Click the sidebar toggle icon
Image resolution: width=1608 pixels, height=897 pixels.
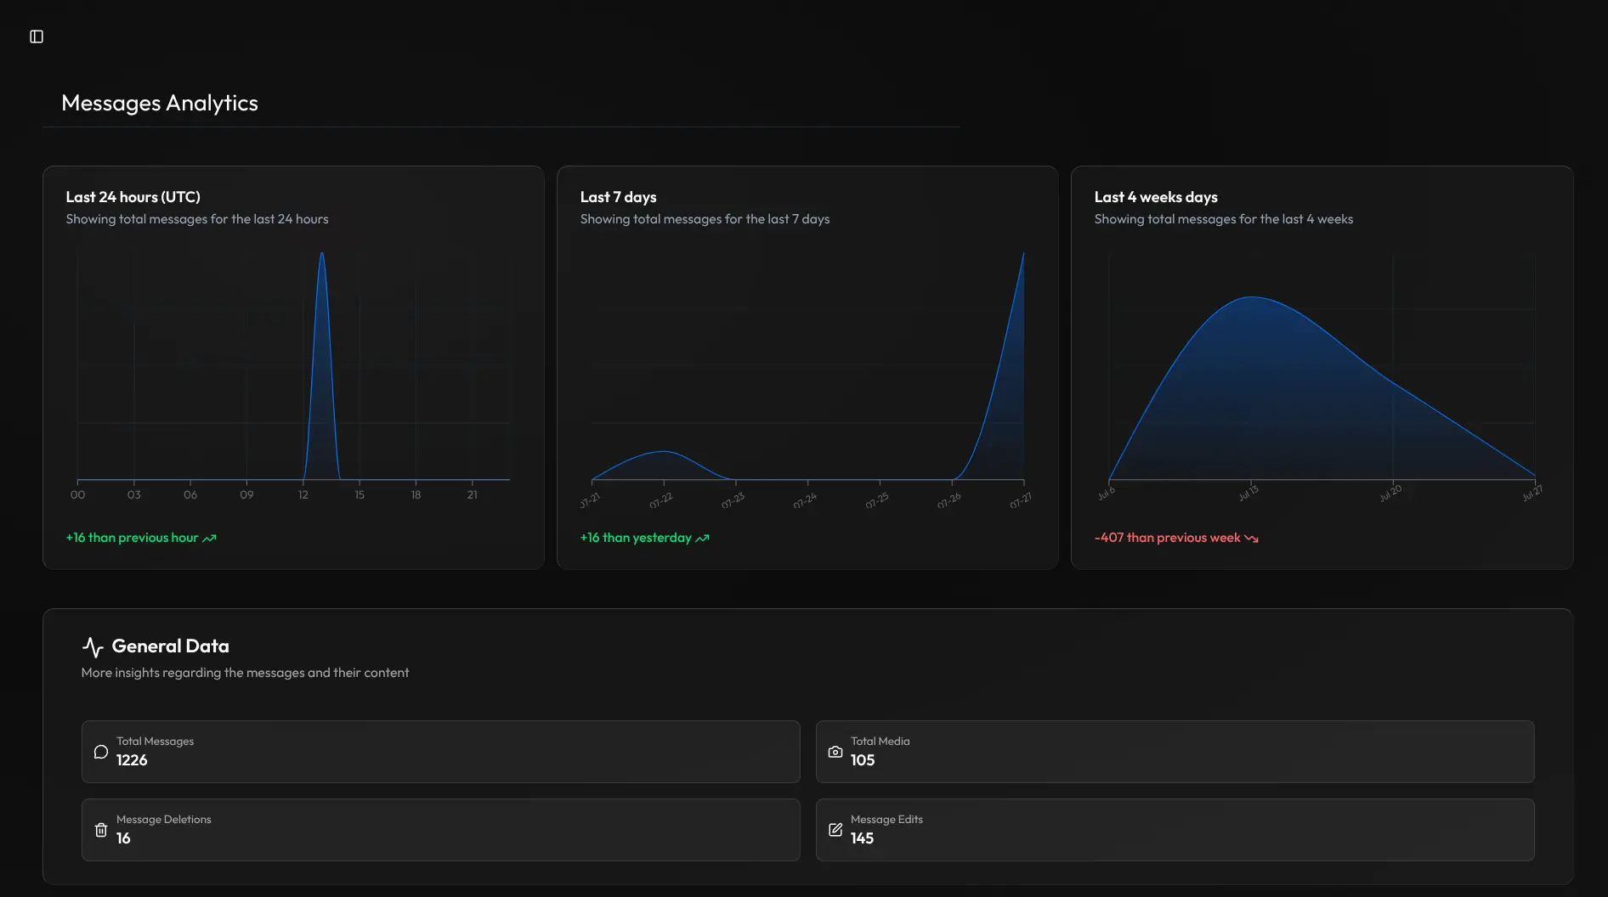[x=37, y=37]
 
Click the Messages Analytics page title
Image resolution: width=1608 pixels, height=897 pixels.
[x=160, y=103]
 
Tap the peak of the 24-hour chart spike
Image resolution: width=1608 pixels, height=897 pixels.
[x=321, y=253]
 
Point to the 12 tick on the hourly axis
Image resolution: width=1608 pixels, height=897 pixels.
[x=303, y=494]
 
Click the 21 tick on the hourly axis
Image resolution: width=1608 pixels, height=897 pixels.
[x=473, y=494]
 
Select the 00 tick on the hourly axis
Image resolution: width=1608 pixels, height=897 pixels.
[x=77, y=494]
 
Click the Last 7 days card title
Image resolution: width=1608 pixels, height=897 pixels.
[x=618, y=197]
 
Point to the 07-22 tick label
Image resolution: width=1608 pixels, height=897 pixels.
[x=660, y=501]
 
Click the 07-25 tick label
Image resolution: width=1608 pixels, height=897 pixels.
[x=877, y=501]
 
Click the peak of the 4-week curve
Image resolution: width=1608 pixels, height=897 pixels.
[x=1252, y=297]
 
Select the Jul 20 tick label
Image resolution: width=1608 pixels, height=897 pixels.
[x=1390, y=494]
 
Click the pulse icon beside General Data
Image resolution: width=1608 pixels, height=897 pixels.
[x=93, y=647]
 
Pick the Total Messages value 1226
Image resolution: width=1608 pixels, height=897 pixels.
[x=132, y=760]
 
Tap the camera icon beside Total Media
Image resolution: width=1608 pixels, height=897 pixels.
[x=835, y=752]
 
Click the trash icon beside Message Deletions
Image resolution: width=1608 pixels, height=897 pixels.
[x=101, y=830]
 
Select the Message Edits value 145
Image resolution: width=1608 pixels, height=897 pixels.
[x=862, y=838]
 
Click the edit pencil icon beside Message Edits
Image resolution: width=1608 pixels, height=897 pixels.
[x=835, y=830]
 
